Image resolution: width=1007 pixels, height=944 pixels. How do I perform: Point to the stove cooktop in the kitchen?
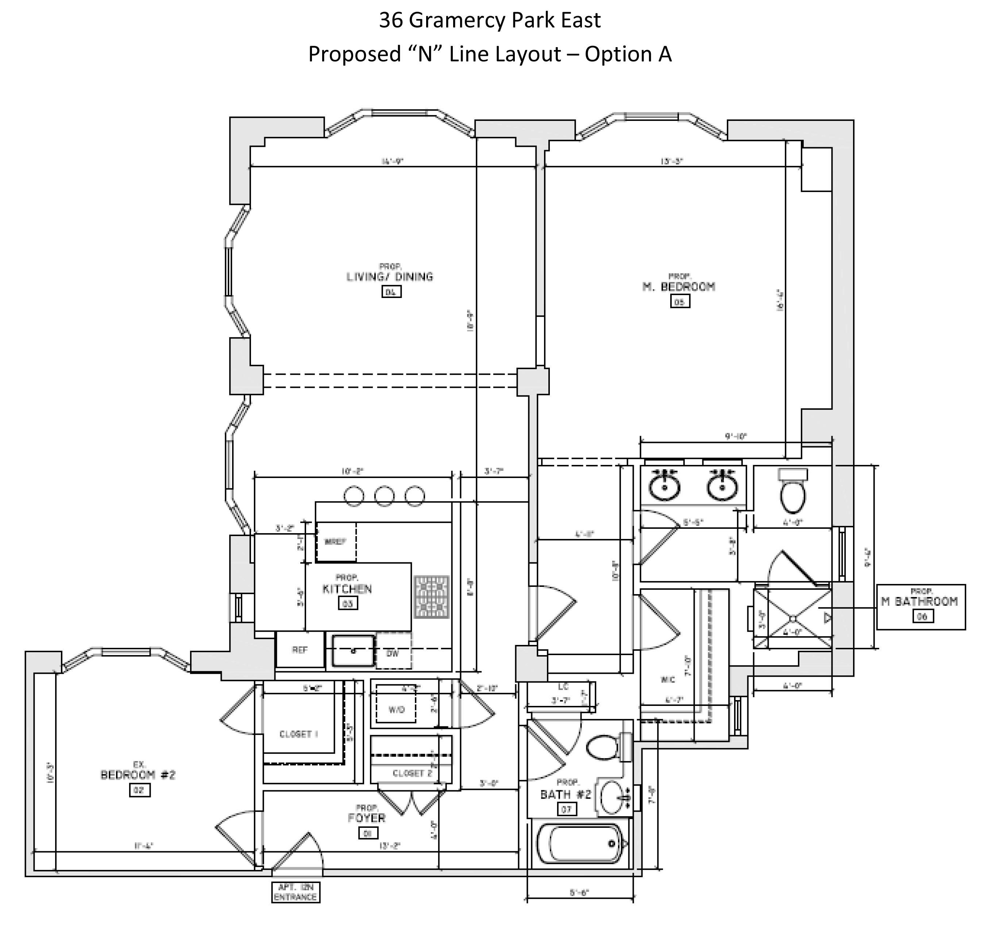[432, 597]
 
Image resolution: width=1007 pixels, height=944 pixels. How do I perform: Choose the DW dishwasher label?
[393, 654]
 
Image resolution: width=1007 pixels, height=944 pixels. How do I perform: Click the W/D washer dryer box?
[396, 710]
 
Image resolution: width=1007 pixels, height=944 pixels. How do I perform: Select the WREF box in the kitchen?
[335, 542]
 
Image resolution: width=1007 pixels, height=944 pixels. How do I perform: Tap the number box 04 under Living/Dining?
[391, 292]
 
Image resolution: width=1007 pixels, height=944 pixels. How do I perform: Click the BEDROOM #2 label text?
[138, 775]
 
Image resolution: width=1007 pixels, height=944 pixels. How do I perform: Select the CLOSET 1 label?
[298, 734]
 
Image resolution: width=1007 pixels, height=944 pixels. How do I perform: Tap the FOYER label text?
[366, 818]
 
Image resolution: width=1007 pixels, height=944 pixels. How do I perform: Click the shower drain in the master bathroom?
[793, 619]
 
